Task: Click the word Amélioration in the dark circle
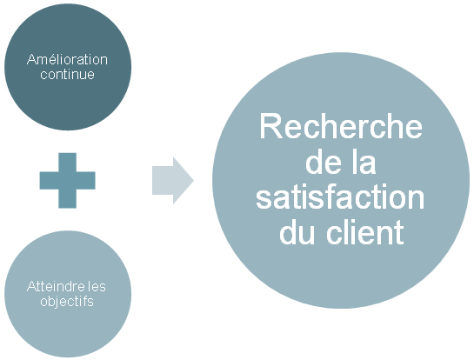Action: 67,59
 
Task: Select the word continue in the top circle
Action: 68,74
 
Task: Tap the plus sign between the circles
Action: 68,181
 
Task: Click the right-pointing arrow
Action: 173,181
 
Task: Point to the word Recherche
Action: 341,126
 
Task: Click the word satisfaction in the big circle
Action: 340,198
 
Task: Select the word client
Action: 365,232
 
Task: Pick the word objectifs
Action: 67,301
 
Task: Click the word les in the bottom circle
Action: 97,286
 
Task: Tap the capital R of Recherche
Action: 270,126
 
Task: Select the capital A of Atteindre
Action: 31,286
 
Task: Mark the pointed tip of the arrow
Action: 194,181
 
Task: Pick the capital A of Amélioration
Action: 31,60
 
